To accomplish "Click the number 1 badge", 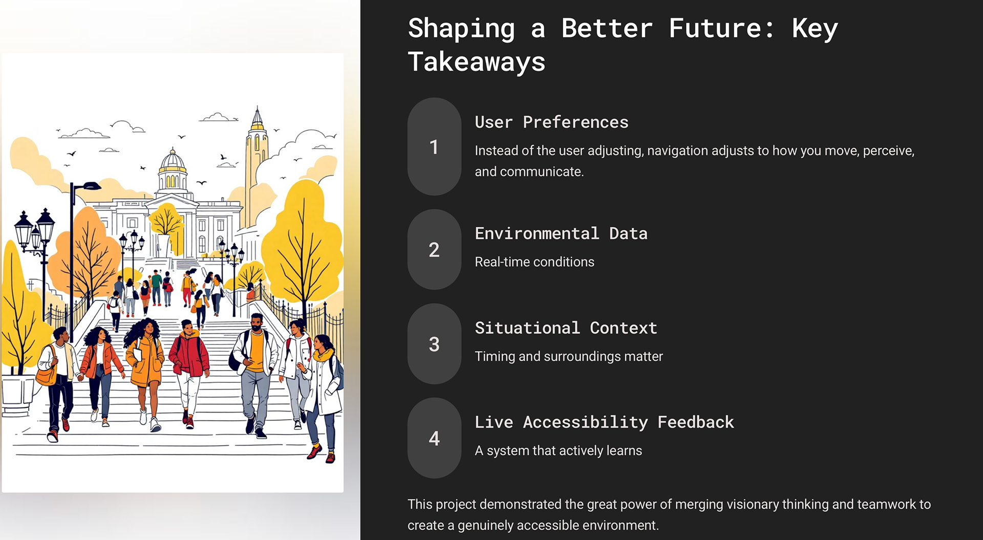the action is [434, 147].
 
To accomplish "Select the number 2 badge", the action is [434, 250].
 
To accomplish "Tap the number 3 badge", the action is [434, 344].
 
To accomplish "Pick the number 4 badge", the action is [434, 438].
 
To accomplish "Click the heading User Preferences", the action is [551, 122].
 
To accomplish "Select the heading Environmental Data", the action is [561, 233].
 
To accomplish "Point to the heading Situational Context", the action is [566, 328].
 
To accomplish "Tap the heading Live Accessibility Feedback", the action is [604, 422].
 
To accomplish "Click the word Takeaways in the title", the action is [477, 62].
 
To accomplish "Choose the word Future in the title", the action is [721, 28].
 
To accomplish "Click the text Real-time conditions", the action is [535, 262].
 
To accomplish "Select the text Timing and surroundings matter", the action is [569, 357].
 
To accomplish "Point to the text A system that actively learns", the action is [558, 451].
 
